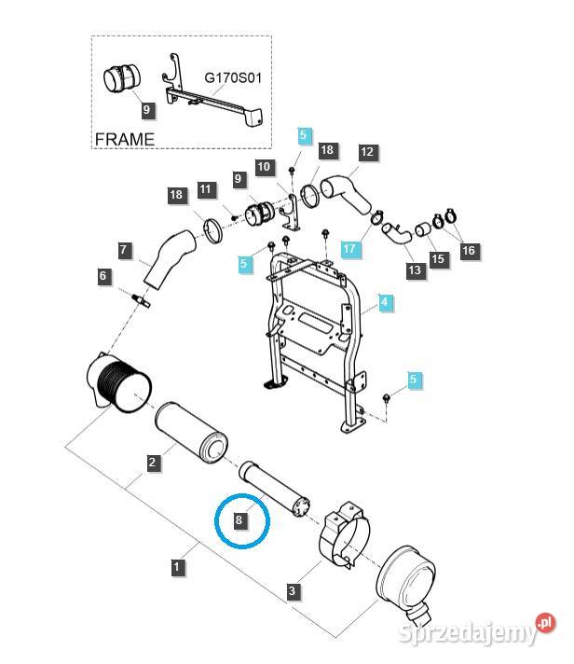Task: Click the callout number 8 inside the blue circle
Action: pos(240,519)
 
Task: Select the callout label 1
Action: pos(177,565)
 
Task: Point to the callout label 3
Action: pos(293,591)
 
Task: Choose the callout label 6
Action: pos(104,276)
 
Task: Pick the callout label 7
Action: pos(124,249)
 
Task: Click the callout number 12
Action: pos(366,152)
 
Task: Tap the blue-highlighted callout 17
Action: pos(348,250)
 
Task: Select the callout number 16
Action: pos(468,250)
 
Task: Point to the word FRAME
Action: pos(125,139)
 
